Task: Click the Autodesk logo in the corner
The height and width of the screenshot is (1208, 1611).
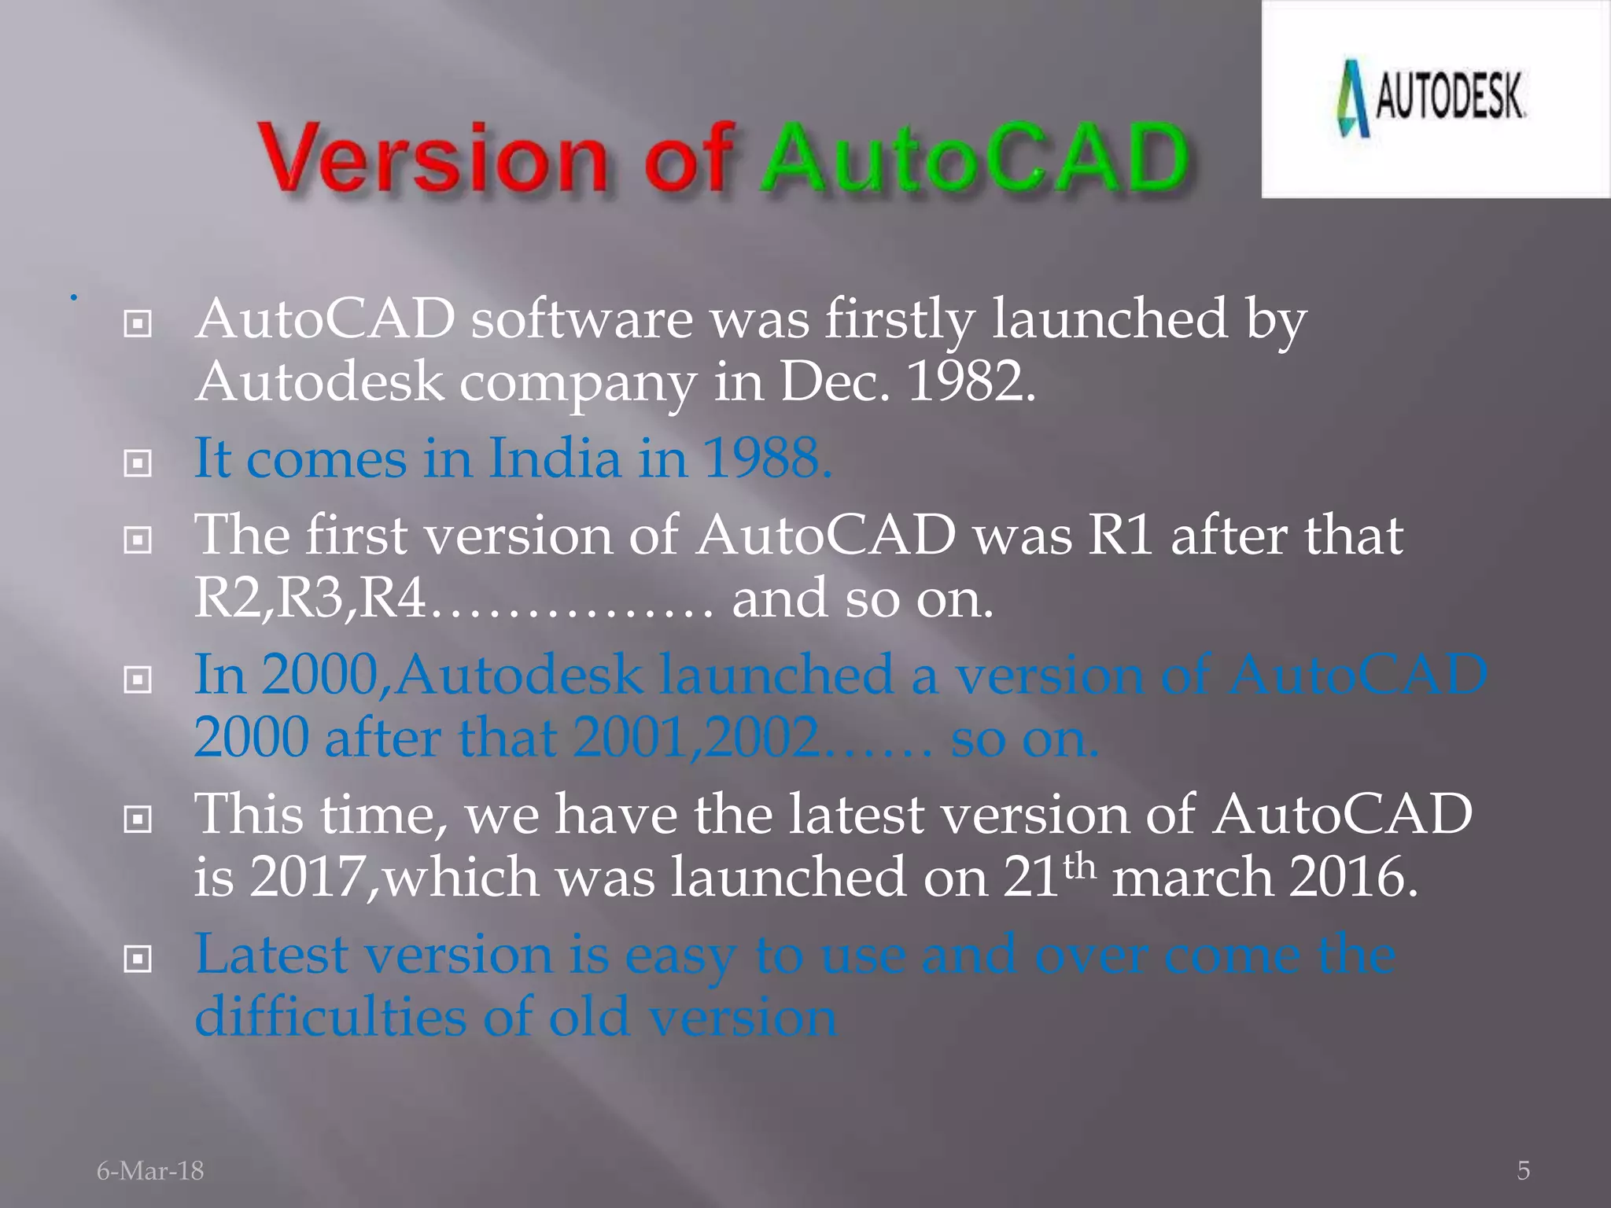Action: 1432,98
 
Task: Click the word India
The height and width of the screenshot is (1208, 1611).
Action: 554,458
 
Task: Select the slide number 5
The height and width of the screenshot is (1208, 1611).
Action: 1523,1170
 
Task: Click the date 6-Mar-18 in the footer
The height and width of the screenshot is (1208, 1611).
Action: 150,1170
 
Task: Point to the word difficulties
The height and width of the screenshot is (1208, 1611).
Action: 330,1018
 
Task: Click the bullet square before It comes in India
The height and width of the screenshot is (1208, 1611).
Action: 138,463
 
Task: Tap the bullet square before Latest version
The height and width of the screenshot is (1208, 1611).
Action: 138,959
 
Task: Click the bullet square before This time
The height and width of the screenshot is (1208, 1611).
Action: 138,819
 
